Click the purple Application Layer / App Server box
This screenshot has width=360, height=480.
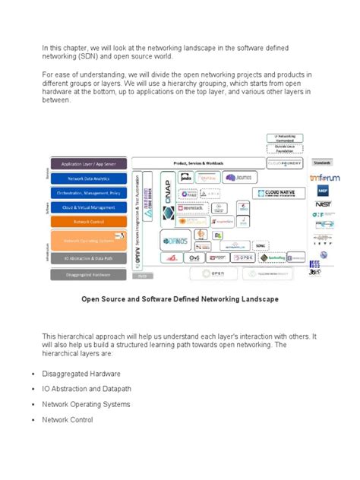pos(88,164)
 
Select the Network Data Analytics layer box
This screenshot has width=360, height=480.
pos(88,178)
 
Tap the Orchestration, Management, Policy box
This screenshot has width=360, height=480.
pos(88,192)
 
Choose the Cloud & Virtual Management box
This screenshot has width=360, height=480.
pos(88,207)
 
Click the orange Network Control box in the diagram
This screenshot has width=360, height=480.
pos(88,221)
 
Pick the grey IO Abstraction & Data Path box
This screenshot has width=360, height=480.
pos(88,259)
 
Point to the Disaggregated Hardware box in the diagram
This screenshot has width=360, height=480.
pos(88,274)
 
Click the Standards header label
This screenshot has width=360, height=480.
pos(322,163)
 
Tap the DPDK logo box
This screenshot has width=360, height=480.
pos(237,258)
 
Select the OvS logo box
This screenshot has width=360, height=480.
pos(194,258)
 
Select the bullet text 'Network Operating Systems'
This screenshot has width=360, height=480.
pos(86,404)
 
